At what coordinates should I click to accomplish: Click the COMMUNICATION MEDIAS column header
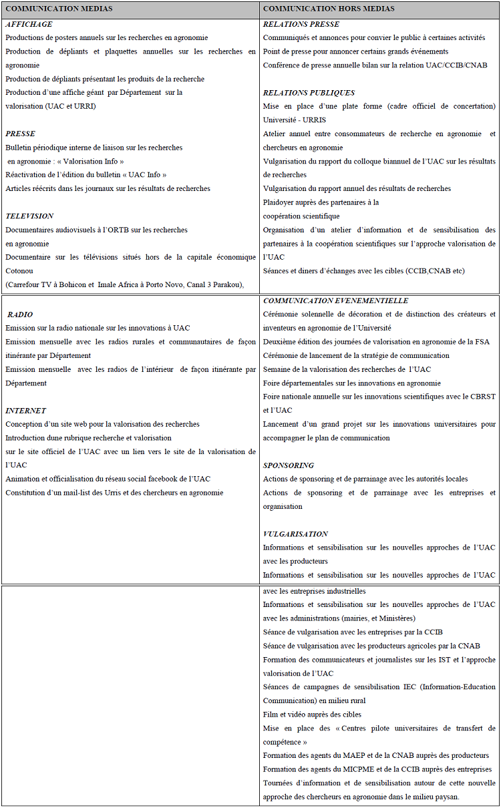pyautogui.click(x=59, y=9)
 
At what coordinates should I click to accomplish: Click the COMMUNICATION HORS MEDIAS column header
pyautogui.click(x=329, y=9)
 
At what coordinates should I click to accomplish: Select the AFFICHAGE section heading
pyautogui.click(x=29, y=24)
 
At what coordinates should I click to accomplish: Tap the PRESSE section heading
pyautogui.click(x=20, y=134)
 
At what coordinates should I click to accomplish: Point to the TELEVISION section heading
pyautogui.click(x=29, y=216)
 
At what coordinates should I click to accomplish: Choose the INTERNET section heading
pyautogui.click(x=26, y=411)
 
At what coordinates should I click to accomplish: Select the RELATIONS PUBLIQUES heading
pyautogui.click(x=309, y=93)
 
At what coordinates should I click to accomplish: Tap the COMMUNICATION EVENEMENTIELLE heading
pyautogui.click(x=335, y=300)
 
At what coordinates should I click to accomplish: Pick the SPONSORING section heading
pyautogui.click(x=289, y=465)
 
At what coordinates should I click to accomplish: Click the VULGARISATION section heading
pyautogui.click(x=295, y=534)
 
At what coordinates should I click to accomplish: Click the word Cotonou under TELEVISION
pyautogui.click(x=20, y=271)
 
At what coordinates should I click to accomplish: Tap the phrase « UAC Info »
pyautogui.click(x=142, y=175)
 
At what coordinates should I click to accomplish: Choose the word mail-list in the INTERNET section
pyautogui.click(x=88, y=493)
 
